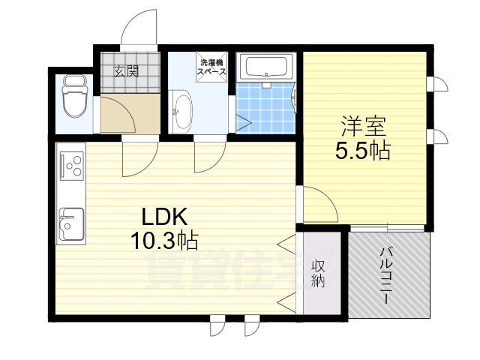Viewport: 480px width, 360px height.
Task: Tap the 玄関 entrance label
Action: tap(126, 71)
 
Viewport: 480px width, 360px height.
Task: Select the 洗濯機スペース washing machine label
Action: tap(211, 67)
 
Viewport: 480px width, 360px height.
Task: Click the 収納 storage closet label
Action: tap(318, 274)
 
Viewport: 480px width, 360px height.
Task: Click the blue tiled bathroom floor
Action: tap(267, 109)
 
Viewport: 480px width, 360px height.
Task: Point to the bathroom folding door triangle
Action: tap(244, 121)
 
